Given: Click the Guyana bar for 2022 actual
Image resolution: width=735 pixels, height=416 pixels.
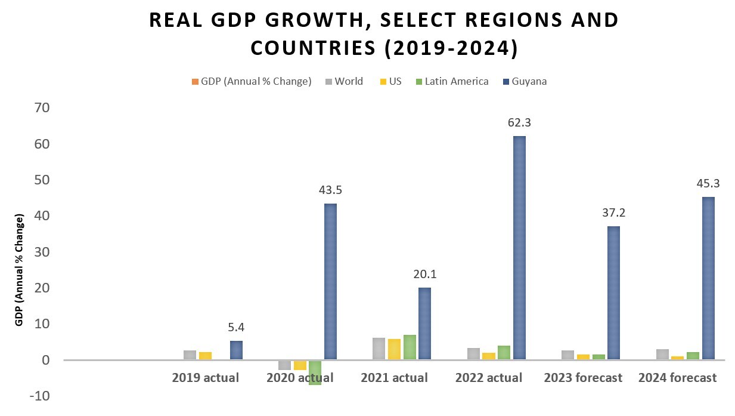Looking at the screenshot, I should tap(519, 248).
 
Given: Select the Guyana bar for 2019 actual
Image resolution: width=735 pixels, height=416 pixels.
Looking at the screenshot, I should tap(236, 350).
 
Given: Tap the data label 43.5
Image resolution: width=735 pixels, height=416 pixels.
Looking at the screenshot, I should tap(330, 190).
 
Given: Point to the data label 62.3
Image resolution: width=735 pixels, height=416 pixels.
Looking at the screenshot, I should tap(519, 122).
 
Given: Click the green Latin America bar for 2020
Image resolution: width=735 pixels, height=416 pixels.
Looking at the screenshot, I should tap(315, 372).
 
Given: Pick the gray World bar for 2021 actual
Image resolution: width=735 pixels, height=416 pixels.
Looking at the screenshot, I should tap(379, 349).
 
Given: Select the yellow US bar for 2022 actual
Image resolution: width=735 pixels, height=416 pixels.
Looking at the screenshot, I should tap(489, 356).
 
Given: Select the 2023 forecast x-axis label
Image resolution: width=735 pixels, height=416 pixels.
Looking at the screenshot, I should tap(584, 378).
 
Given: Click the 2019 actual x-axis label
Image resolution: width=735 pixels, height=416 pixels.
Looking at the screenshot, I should tap(205, 378).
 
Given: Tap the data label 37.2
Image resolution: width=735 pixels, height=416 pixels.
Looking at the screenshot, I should tap(613, 213).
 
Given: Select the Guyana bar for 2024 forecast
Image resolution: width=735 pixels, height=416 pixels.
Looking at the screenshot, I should tap(708, 278).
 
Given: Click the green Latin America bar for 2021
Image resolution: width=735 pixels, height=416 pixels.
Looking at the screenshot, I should tap(410, 347).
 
